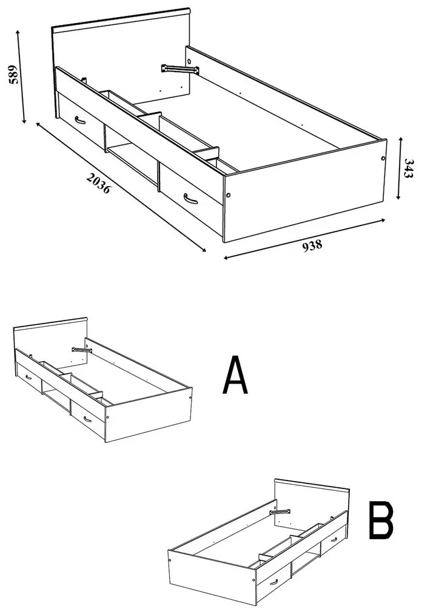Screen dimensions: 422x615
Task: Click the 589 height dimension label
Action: (x=14, y=75)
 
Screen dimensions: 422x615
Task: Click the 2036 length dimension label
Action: (x=99, y=184)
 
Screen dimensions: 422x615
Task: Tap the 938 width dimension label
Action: (x=312, y=245)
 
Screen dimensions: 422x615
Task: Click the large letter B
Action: (x=381, y=520)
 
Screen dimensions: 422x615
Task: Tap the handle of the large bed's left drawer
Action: (x=79, y=120)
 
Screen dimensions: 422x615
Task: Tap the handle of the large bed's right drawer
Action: (x=190, y=199)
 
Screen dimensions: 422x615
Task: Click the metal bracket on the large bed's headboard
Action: (x=180, y=70)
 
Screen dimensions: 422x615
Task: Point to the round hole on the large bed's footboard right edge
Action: (x=383, y=158)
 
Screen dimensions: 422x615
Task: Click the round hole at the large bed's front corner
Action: (x=229, y=195)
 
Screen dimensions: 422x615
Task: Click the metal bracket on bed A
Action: (x=82, y=350)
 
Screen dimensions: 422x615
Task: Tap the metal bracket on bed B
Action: (x=280, y=512)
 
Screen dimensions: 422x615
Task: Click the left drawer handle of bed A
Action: (x=28, y=377)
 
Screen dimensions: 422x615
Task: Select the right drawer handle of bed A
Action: (x=87, y=419)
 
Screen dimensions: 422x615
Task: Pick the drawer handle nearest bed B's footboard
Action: (x=273, y=582)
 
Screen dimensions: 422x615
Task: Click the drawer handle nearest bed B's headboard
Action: (x=334, y=540)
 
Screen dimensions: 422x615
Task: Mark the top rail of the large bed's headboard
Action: (x=121, y=19)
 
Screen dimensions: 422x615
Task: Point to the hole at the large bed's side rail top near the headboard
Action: (x=190, y=61)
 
